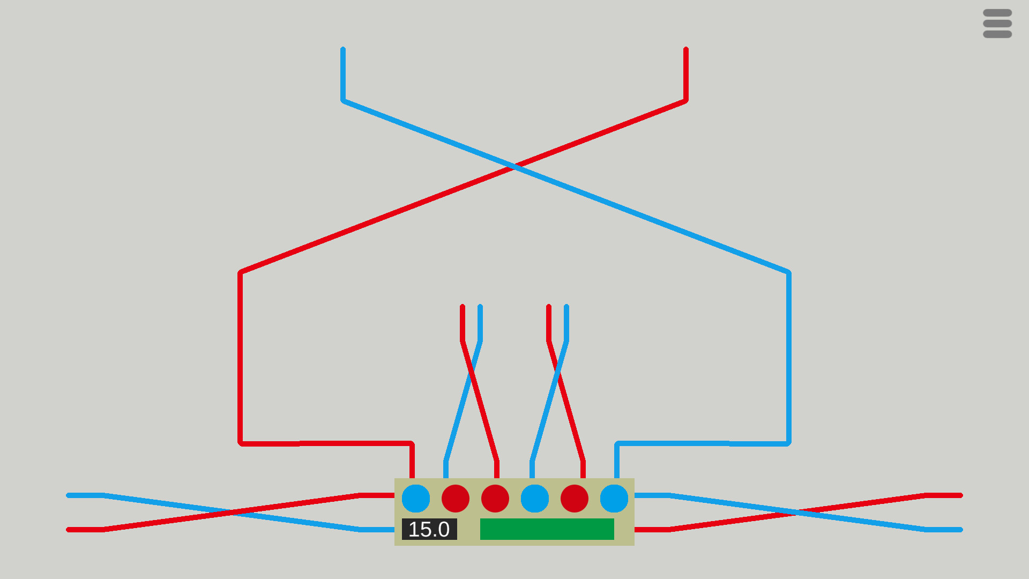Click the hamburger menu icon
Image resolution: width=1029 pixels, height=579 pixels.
coord(997,24)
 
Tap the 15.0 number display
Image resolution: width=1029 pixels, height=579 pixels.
coord(429,529)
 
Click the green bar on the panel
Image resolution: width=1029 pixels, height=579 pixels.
coord(547,529)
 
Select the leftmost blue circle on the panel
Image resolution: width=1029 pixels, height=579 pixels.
coord(416,499)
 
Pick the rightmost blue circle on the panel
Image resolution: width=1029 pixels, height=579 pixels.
coord(614,499)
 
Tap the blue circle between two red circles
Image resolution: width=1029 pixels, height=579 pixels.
coord(535,499)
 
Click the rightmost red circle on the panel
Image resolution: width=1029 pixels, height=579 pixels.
coord(575,499)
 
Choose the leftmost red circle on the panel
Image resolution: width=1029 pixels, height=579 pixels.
coord(456,499)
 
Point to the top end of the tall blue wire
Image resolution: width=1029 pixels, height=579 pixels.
coord(343,50)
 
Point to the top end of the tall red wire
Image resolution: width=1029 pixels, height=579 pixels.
coord(686,50)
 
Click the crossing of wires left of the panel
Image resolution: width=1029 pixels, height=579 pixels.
coord(232,513)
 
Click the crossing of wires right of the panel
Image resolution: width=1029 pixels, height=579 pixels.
coord(797,513)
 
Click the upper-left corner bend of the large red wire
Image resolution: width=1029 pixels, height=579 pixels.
coord(240,273)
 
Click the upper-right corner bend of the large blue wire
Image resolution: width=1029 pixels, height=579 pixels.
coord(789,273)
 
